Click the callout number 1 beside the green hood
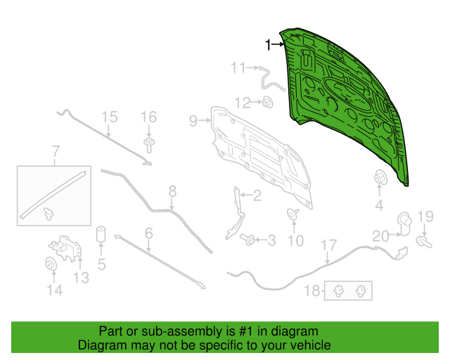[268, 45]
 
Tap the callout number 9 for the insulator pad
[193, 121]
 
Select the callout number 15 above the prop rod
[110, 117]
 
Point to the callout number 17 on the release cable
[328, 245]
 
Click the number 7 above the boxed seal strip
[56, 151]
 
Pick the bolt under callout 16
[148, 146]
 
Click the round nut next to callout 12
[268, 102]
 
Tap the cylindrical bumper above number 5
[101, 235]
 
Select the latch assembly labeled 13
[65, 249]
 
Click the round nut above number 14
[51, 264]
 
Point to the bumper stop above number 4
[381, 177]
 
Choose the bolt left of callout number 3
[247, 240]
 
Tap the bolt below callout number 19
[424, 242]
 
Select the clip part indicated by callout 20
[404, 224]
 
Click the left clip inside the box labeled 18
[339, 291]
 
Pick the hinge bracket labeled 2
[236, 213]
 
